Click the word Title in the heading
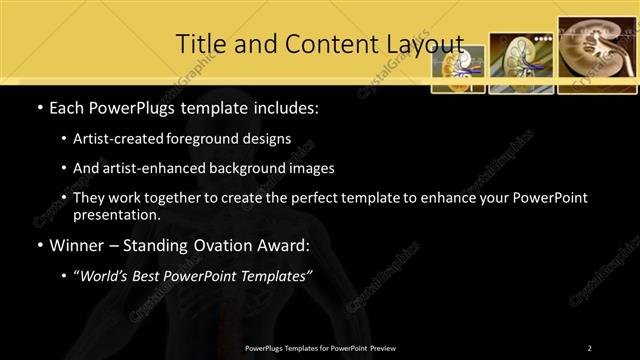click(x=200, y=44)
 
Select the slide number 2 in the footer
click(x=590, y=348)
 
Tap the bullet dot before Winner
click(x=38, y=245)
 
